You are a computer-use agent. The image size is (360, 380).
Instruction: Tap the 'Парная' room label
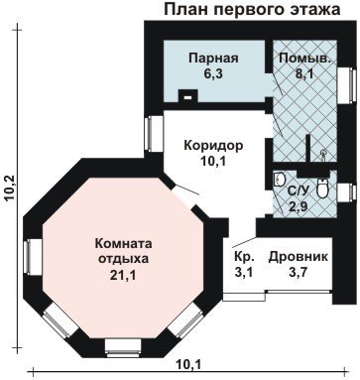[213, 59]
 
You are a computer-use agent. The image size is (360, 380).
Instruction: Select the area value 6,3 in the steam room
[213, 73]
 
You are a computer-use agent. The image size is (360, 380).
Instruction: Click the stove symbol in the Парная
[188, 95]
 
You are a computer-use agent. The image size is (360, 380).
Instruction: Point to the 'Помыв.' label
[304, 59]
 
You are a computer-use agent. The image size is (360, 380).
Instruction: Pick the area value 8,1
[304, 73]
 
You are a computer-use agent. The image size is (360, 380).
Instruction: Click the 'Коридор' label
[213, 146]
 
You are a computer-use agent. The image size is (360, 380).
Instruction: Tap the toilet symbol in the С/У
[321, 189]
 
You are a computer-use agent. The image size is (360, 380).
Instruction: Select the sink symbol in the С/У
[280, 180]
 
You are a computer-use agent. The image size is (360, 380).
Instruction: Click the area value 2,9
[299, 207]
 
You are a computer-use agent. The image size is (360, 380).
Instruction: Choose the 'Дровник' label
[299, 257]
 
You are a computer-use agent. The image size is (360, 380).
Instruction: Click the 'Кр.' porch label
[244, 257]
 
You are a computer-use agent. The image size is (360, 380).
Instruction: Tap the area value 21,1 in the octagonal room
[123, 275]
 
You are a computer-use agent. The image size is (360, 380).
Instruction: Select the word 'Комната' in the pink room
[123, 244]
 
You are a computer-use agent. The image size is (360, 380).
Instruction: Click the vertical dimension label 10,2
[10, 188]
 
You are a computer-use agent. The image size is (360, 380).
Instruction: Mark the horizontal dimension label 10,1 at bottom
[188, 365]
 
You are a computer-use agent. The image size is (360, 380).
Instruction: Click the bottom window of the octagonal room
[123, 347]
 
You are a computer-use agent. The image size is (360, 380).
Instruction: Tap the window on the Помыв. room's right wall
[346, 85]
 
